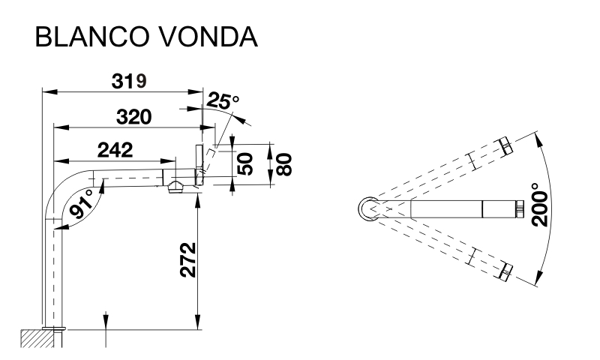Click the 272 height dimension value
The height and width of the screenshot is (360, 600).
[189, 259]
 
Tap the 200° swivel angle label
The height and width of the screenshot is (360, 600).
[538, 205]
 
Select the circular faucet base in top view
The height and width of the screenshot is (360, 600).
[368, 207]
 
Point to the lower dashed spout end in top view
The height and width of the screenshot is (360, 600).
[505, 271]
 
